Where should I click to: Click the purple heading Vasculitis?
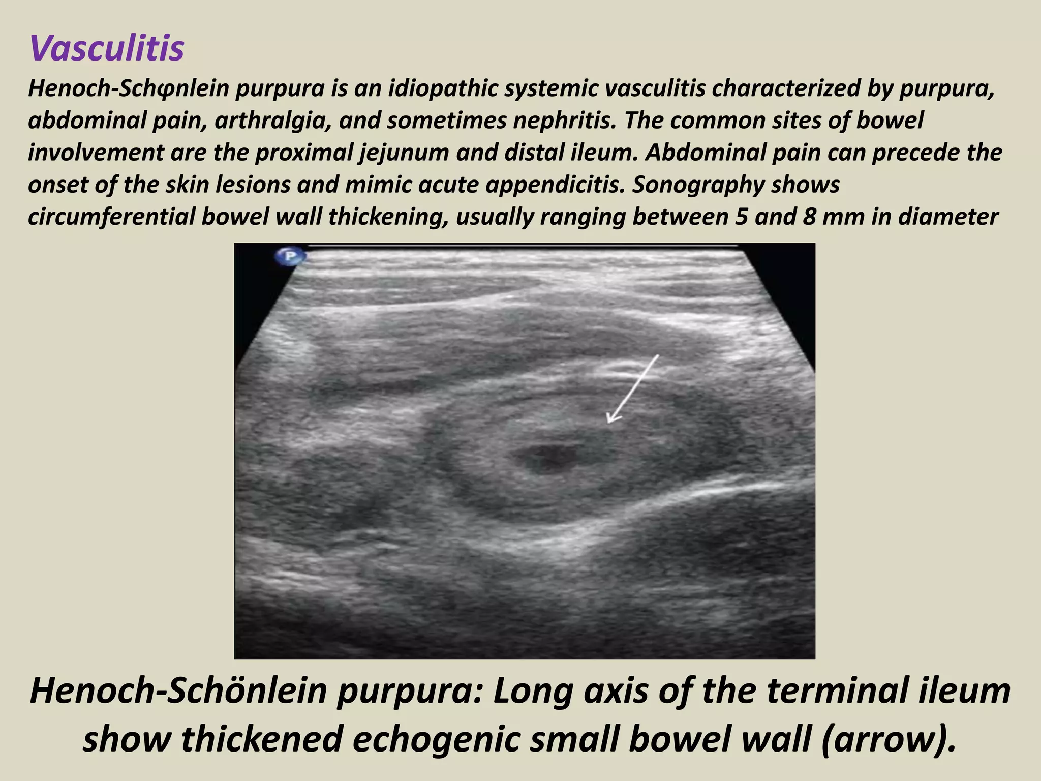(107, 48)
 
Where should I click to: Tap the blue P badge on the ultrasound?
(290, 256)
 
